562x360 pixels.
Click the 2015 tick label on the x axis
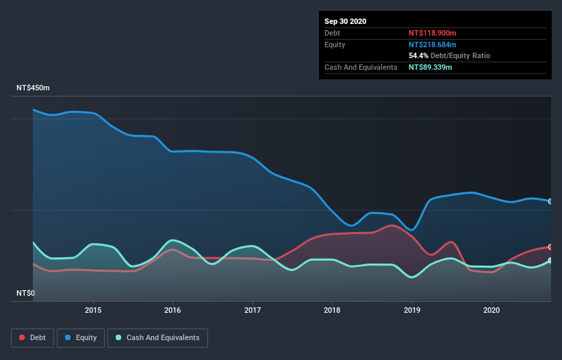(x=93, y=309)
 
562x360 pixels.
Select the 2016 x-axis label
(x=173, y=309)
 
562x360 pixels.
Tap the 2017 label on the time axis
(x=253, y=309)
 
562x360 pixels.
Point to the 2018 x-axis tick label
(x=333, y=309)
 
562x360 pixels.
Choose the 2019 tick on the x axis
(x=412, y=309)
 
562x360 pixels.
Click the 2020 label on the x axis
(x=491, y=309)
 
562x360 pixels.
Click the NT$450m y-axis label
(x=34, y=88)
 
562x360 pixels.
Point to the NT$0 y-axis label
(x=25, y=293)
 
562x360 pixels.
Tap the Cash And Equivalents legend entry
(x=157, y=337)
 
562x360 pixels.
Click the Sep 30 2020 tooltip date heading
(x=345, y=21)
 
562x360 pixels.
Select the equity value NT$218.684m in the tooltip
(x=435, y=44)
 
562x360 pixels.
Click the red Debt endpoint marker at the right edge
(x=550, y=247)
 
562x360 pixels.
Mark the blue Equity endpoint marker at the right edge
(x=550, y=201)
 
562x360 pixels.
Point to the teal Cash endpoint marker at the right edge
(x=550, y=261)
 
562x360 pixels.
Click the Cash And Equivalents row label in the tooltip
(x=361, y=67)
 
